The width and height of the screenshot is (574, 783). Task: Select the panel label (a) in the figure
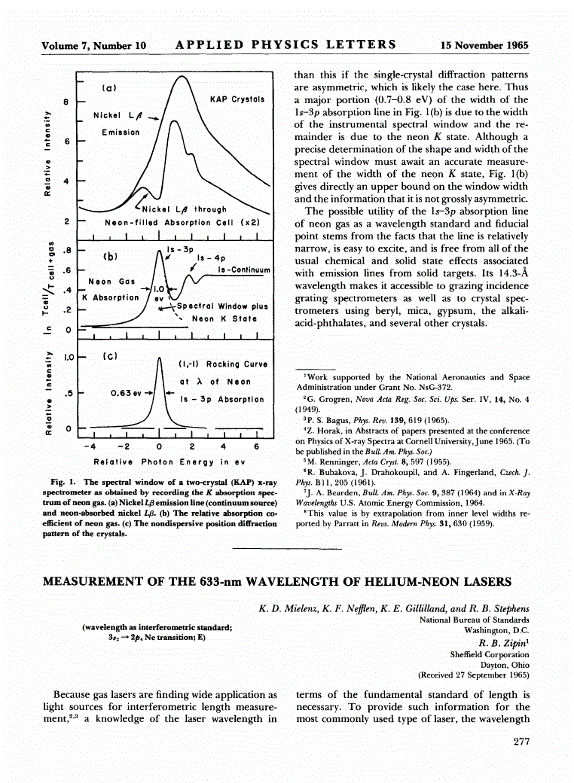point(108,88)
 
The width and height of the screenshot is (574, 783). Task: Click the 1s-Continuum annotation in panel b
point(243,270)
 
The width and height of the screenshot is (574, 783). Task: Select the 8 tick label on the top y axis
point(66,101)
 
